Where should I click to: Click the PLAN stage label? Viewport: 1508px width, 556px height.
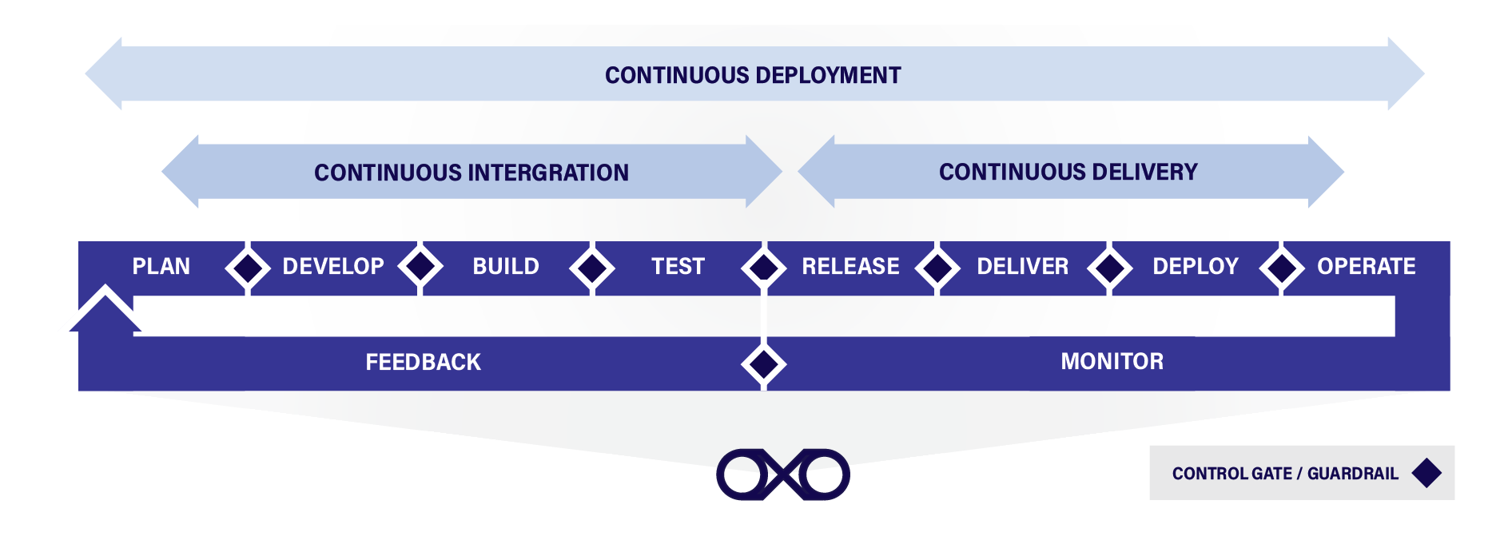[161, 267]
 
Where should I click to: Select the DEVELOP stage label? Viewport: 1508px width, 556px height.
[333, 267]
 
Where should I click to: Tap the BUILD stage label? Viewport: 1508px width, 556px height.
[506, 267]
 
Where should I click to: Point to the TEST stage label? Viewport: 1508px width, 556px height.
[678, 267]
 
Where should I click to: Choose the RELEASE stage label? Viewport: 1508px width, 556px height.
[850, 267]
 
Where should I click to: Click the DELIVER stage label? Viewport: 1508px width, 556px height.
[1022, 267]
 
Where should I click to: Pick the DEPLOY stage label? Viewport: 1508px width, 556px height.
[1195, 267]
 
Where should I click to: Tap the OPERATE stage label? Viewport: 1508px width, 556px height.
[1366, 267]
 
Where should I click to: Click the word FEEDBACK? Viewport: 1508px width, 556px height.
[423, 363]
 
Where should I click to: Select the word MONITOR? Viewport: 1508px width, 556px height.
[1112, 362]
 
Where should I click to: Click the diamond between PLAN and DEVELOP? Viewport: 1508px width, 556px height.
[248, 268]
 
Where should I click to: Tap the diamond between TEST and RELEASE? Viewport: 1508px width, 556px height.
[764, 268]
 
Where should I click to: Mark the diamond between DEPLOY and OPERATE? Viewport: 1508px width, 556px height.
[1282, 268]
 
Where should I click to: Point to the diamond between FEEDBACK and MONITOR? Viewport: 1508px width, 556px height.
[764, 364]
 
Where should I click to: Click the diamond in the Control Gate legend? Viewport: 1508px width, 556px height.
[1426, 473]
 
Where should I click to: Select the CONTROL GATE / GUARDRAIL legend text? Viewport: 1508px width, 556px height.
[1285, 474]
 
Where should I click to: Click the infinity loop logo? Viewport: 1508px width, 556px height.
[783, 475]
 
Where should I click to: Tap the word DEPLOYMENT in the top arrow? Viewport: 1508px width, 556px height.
[827, 76]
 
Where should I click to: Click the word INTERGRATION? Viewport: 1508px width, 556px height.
[548, 173]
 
